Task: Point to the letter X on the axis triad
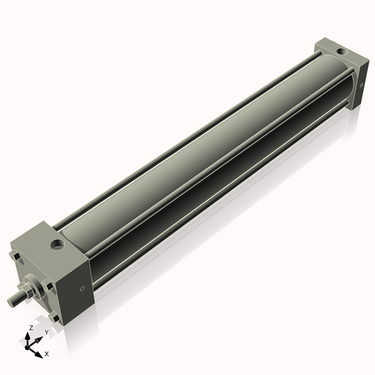tap(46, 352)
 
